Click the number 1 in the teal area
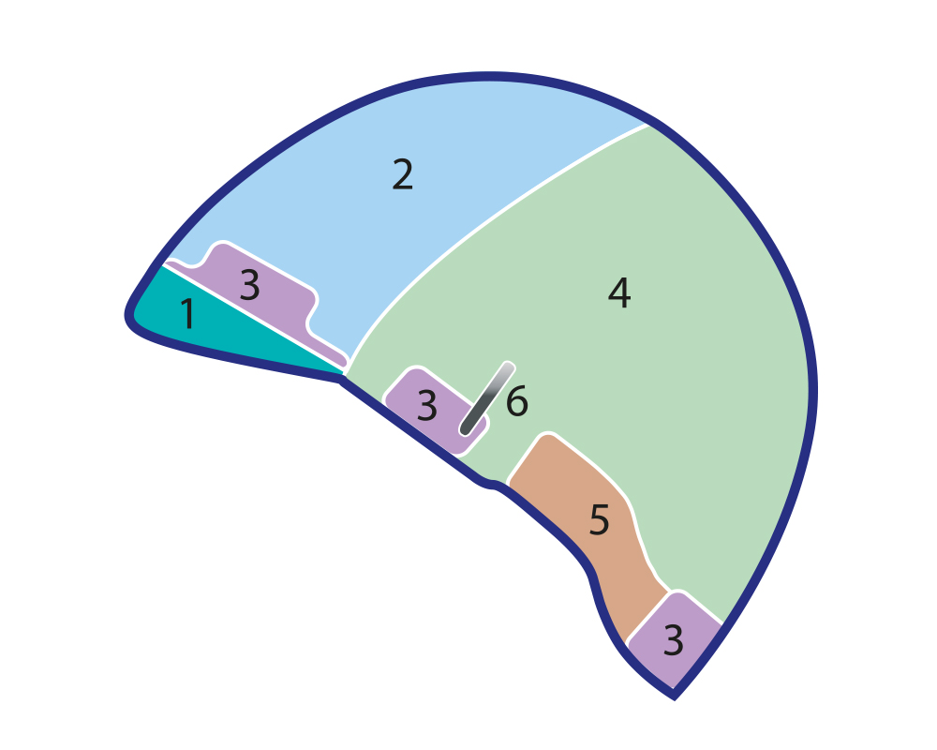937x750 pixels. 188,313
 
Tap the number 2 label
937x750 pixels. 403,174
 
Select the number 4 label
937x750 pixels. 619,292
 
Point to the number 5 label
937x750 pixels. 599,519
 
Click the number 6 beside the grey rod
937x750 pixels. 517,400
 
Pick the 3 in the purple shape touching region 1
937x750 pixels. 250,285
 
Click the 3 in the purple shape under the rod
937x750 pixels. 426,405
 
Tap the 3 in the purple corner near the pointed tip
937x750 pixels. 673,640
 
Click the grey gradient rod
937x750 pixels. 487,398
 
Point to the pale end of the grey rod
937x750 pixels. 509,367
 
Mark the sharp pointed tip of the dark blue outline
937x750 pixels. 674,697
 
